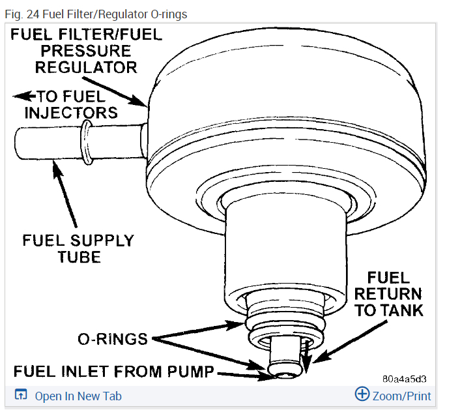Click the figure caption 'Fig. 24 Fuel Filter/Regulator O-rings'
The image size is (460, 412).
pyautogui.click(x=95, y=14)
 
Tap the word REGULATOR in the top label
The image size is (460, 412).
pyautogui.click(x=86, y=67)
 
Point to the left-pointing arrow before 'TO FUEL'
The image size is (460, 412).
pyautogui.click(x=25, y=96)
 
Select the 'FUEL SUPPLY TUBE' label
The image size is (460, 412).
pyautogui.click(x=78, y=248)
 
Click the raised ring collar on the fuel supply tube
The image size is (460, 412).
pyautogui.click(x=85, y=141)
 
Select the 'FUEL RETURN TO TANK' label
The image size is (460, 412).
pyautogui.click(x=388, y=293)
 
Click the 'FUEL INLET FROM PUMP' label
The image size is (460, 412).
pyautogui.click(x=114, y=372)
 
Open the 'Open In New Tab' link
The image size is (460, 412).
pyautogui.click(x=78, y=396)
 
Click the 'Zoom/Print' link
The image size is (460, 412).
pyautogui.click(x=401, y=395)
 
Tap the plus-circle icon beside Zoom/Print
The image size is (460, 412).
pyautogui.click(x=362, y=394)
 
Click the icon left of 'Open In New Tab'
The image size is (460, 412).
pyautogui.click(x=22, y=395)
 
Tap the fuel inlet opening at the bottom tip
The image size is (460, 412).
pyautogui.click(x=285, y=373)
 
